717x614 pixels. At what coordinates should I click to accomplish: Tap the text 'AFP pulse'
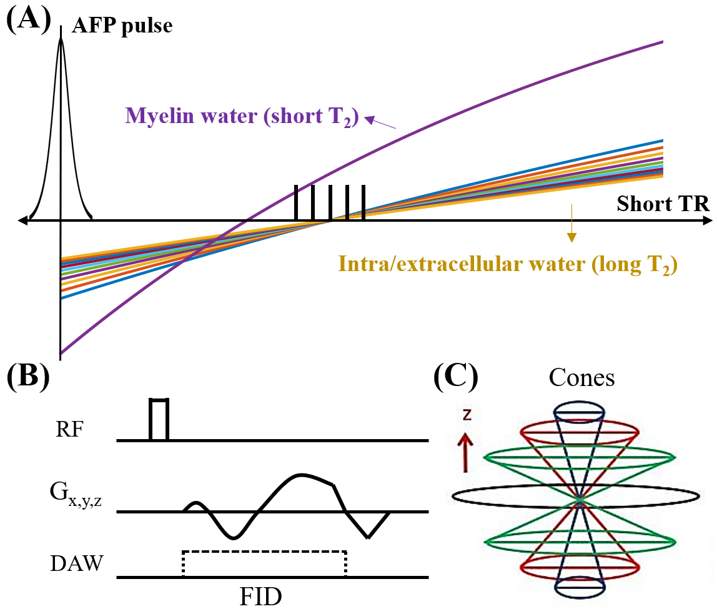(x=122, y=26)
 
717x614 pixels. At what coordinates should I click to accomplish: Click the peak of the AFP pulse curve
(x=61, y=39)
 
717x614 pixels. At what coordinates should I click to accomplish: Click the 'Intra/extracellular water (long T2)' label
(x=508, y=264)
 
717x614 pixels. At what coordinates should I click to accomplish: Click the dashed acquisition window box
(x=264, y=564)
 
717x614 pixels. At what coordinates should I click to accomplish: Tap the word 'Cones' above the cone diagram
(x=581, y=379)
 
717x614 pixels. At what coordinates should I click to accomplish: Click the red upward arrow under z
(x=465, y=454)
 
